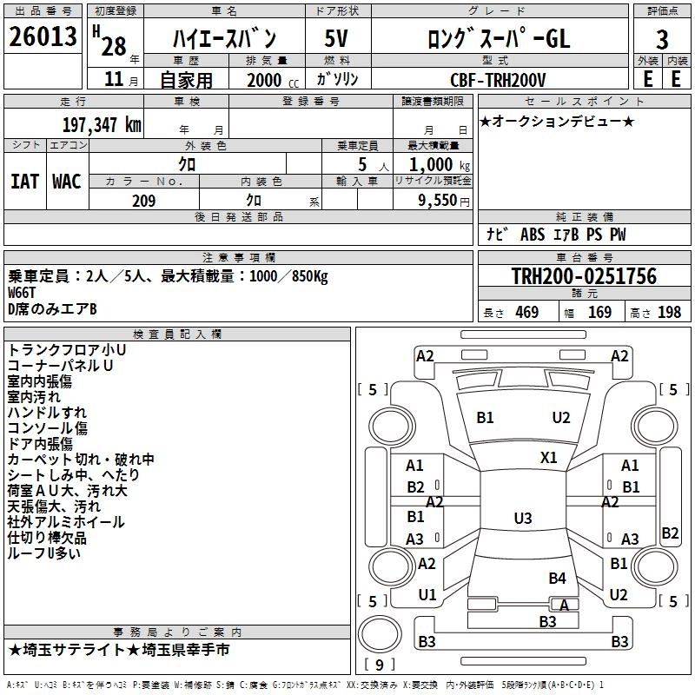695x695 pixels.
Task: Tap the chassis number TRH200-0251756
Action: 584,276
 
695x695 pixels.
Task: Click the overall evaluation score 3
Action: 662,38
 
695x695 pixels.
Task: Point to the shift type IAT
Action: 25,181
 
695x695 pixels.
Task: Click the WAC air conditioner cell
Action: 67,181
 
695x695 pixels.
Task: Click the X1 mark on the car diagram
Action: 549,457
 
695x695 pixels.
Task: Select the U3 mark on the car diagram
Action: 522,519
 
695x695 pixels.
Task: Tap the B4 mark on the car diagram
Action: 557,578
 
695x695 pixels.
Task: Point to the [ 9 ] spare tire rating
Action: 380,665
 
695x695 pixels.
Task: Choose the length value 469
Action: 526,313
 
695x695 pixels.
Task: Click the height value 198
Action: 669,313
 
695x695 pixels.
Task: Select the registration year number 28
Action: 113,46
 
